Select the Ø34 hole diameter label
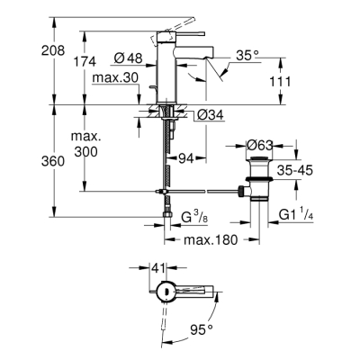click(210, 114)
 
